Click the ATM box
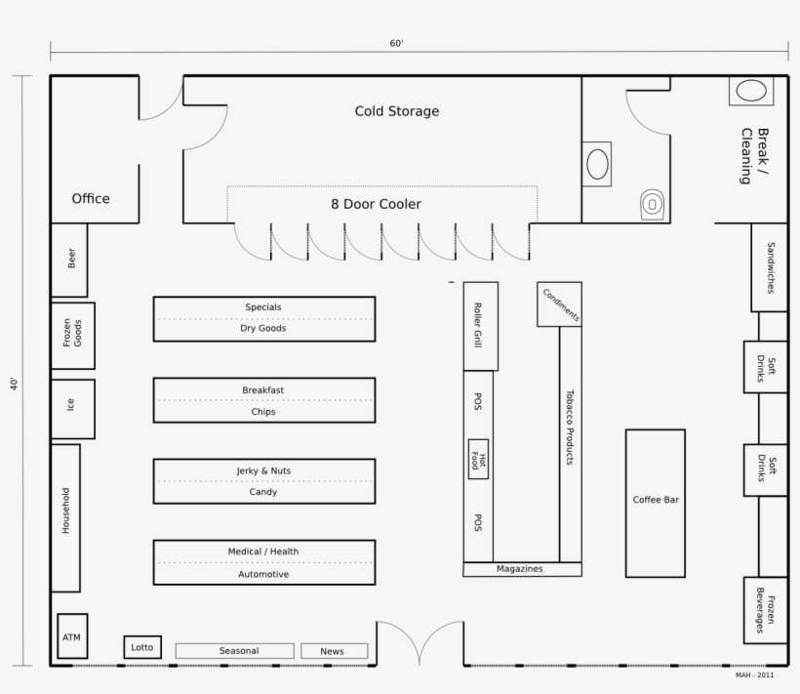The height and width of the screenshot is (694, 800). point(72,636)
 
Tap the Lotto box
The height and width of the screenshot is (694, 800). point(142,647)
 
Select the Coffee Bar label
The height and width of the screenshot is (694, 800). point(656,500)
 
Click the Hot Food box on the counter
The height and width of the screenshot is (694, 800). point(478,459)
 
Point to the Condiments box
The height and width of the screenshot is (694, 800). point(560,305)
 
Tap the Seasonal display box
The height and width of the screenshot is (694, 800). point(234,651)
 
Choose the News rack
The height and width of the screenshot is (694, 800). point(334,651)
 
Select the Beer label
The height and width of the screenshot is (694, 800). point(71,260)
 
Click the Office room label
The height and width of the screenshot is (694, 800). point(91,198)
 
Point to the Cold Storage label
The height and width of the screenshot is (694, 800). point(396,111)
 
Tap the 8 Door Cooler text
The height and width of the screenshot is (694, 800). point(376,204)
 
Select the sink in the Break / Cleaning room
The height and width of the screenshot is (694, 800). point(751,92)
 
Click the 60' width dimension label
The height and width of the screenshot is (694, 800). point(396,44)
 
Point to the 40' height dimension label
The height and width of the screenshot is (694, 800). point(15,384)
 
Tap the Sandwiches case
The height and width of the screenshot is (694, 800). point(769,267)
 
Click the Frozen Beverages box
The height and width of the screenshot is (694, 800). point(766,609)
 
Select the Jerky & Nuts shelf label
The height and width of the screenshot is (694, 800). point(263,470)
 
